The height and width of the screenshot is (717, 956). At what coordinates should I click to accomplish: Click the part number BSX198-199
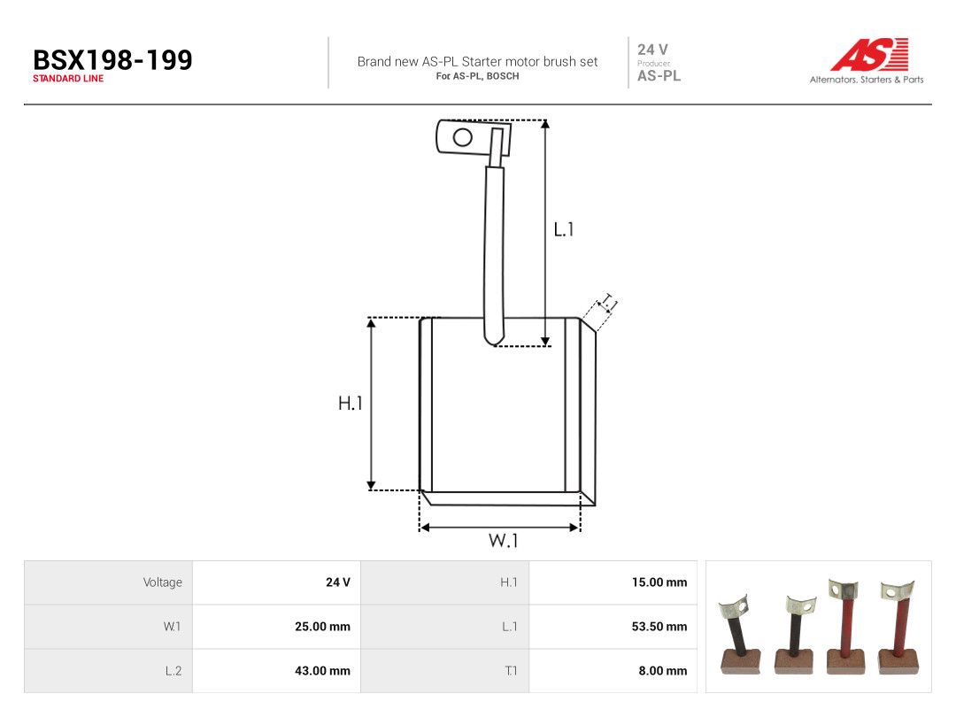pos(112,60)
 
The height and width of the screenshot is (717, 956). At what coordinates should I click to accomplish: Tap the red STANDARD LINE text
pos(68,79)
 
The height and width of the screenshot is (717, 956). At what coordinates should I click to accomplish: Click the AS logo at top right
pos(870,54)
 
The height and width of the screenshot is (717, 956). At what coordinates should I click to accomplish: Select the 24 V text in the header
pos(652,50)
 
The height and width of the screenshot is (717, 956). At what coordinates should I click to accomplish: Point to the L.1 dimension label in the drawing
pos(563,229)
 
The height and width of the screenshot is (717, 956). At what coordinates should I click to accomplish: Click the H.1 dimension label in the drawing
pos(350,403)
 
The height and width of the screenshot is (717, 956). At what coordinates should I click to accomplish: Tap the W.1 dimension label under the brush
pos(503,541)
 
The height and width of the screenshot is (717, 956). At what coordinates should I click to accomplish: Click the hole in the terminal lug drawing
pos(463,136)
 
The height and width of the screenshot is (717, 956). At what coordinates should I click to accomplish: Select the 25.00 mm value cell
pos(322,626)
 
